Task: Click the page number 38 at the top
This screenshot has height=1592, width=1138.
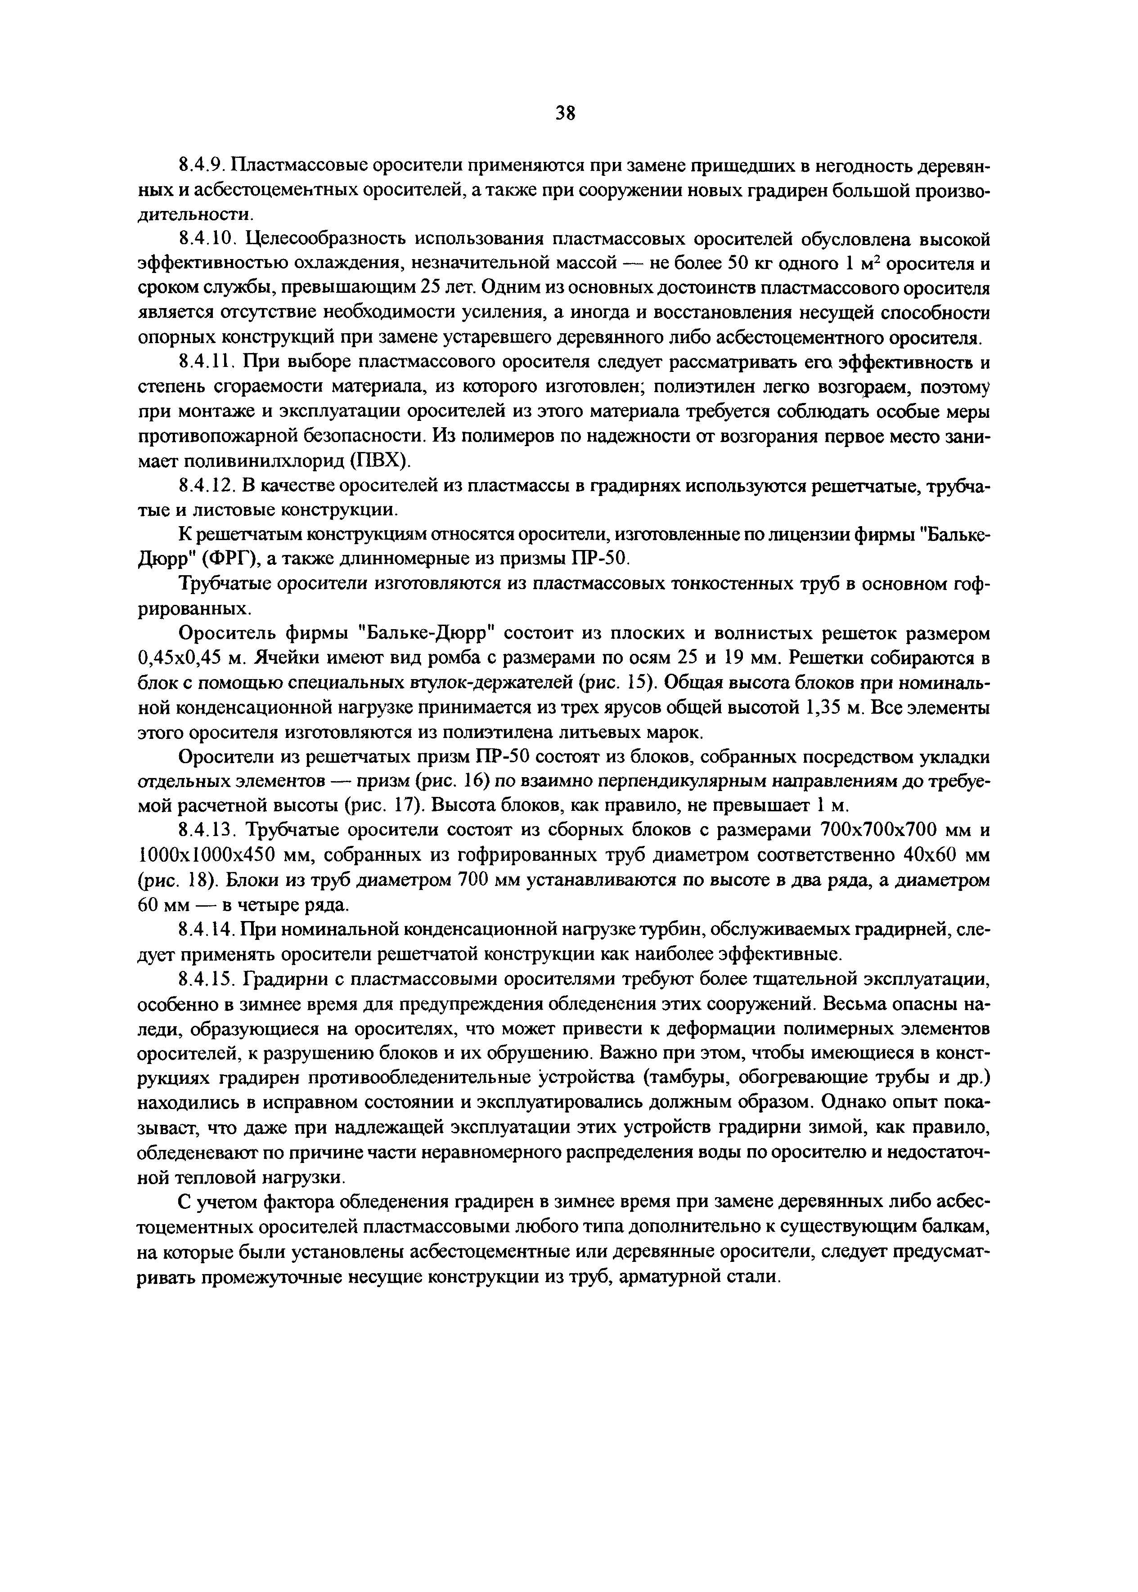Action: [x=565, y=113]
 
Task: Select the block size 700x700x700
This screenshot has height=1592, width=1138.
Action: [x=879, y=831]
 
